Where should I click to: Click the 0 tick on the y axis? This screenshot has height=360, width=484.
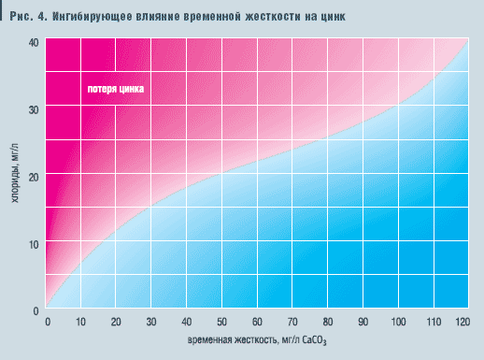(36, 310)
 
